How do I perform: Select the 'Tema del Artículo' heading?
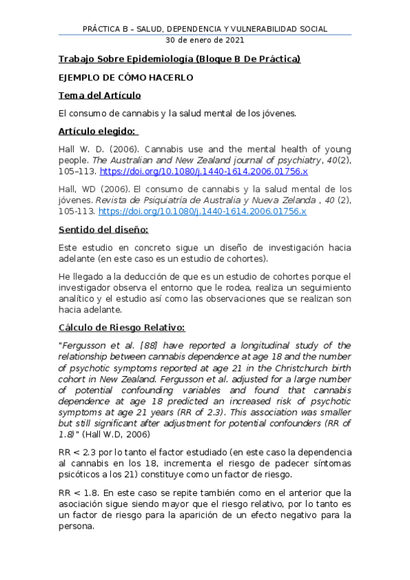[x=100, y=95]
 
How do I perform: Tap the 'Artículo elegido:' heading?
[x=97, y=131]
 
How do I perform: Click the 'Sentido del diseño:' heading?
[x=103, y=229]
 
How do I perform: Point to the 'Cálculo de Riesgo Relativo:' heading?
[x=122, y=328]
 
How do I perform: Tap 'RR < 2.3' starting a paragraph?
[x=76, y=453]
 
